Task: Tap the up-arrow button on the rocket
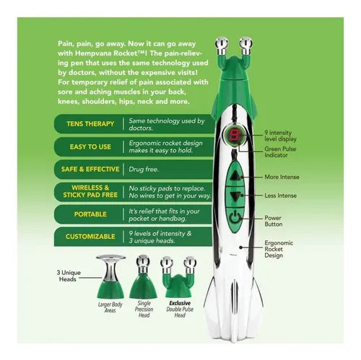coord(235,176)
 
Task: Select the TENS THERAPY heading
coord(90,124)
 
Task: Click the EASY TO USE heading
coord(90,146)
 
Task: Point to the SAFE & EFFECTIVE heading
coord(90,170)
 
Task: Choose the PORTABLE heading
coord(90,214)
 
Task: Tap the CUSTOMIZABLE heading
coord(90,237)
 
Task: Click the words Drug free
coord(144,170)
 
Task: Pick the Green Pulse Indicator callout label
coord(280,152)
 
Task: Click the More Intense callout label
coord(282,177)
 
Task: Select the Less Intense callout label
coord(280,196)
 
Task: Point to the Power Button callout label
coord(274,221)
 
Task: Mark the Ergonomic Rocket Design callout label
coord(279,249)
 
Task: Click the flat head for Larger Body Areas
coord(110,276)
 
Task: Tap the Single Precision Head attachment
coord(143,276)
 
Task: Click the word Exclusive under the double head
coord(180,303)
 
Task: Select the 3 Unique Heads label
coord(69,276)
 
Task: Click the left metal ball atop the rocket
coord(222,43)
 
